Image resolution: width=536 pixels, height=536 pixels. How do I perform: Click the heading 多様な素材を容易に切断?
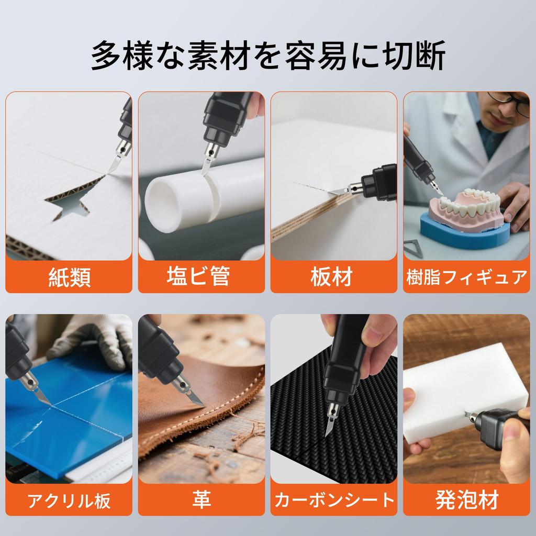[x=268, y=55]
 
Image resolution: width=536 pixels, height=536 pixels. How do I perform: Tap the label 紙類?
[x=70, y=277]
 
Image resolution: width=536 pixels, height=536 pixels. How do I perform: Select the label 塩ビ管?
[x=198, y=276]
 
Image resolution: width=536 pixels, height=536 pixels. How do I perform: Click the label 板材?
[x=331, y=276]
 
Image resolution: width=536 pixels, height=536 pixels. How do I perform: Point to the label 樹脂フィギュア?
[x=466, y=277]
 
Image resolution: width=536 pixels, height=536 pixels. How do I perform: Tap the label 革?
[x=202, y=499]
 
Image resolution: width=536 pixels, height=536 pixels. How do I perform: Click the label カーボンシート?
[x=334, y=500]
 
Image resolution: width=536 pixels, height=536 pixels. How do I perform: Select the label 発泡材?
[x=467, y=500]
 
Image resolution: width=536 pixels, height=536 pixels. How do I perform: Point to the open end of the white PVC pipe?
[x=160, y=205]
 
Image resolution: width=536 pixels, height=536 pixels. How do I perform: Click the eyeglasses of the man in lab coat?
[x=510, y=102]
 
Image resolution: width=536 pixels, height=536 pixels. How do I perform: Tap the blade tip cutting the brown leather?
[x=204, y=406]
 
